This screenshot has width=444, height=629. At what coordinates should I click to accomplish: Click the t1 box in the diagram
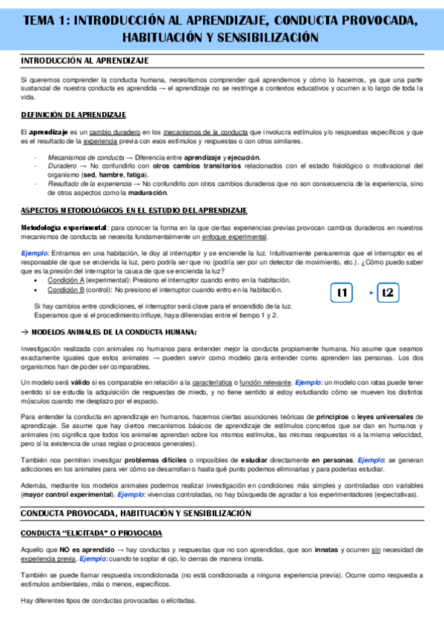[342, 293]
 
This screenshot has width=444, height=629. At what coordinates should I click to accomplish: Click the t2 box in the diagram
[388, 293]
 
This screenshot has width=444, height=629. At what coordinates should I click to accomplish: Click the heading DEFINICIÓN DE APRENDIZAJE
[73, 115]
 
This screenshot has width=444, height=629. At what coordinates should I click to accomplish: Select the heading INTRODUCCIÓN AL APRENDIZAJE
[85, 60]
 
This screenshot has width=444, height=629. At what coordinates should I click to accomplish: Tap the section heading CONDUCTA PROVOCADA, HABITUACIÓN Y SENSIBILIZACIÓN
[136, 513]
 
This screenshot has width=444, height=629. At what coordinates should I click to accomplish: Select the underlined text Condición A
[66, 280]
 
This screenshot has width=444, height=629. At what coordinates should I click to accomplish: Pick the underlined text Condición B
[66, 289]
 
